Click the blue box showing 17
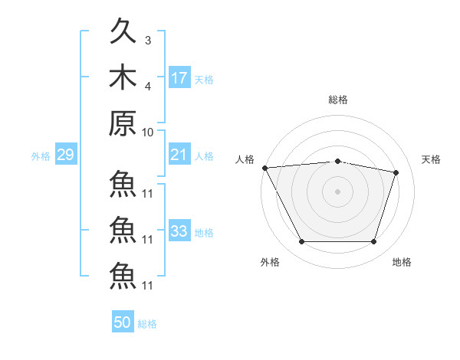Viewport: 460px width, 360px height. (179, 78)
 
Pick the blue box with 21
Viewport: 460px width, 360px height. (179, 155)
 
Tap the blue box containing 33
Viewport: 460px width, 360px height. (179, 231)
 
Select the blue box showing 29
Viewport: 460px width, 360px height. (65, 155)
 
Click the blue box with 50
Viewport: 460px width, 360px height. (123, 322)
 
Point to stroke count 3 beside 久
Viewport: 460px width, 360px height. (147, 40)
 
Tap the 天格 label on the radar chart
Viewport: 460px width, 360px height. (431, 159)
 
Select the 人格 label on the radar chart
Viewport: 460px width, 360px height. (245, 159)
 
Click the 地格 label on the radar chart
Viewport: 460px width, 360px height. (402, 262)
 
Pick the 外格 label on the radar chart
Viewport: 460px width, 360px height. (270, 262)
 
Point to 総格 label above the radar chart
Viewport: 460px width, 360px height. (338, 100)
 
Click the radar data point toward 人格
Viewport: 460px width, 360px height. (264, 168)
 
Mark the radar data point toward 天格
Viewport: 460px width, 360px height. (396, 172)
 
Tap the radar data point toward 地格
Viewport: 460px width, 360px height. (374, 242)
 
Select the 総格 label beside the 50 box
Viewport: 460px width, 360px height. (147, 324)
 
